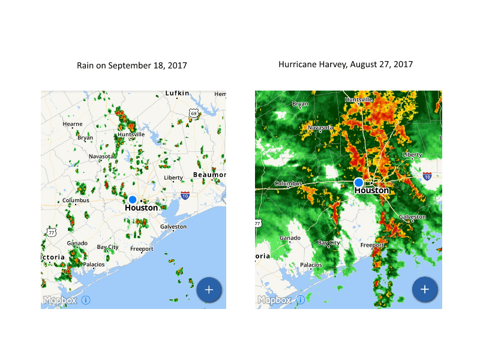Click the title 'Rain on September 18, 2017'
pyautogui.click(x=131, y=65)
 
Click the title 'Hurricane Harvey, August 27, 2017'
pyautogui.click(x=346, y=64)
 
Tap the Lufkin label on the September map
pyautogui.click(x=177, y=94)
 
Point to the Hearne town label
pyautogui.click(x=73, y=124)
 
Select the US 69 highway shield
pyautogui.click(x=193, y=113)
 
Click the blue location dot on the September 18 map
pyautogui.click(x=133, y=199)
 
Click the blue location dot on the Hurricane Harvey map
pyautogui.click(x=359, y=182)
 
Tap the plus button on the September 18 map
pyautogui.click(x=209, y=289)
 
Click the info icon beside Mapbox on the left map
pyautogui.click(x=86, y=300)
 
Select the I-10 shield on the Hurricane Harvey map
pyautogui.click(x=427, y=176)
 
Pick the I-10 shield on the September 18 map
pyautogui.click(x=185, y=195)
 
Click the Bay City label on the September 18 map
pyautogui.click(x=108, y=247)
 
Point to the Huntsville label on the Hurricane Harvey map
pyautogui.click(x=359, y=100)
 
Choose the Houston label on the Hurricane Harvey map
pyautogui.click(x=372, y=191)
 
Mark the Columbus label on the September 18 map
pyautogui.click(x=76, y=200)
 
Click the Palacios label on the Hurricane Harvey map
pyautogui.click(x=311, y=265)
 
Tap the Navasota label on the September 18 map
pyautogui.click(x=100, y=156)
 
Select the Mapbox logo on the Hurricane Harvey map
pyautogui.click(x=274, y=300)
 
